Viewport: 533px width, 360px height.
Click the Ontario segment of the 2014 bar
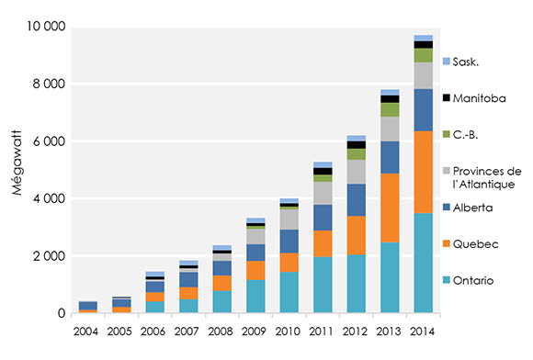point(423,264)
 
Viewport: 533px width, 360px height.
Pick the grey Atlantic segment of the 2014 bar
point(423,75)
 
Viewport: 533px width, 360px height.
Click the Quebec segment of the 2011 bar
point(322,243)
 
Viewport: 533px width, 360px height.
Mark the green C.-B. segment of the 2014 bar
point(423,55)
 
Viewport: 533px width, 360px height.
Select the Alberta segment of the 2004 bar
point(88,306)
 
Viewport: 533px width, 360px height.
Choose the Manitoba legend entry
point(480,97)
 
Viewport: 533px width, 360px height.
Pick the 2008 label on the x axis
point(221,331)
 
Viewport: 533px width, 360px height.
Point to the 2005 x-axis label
point(121,331)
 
